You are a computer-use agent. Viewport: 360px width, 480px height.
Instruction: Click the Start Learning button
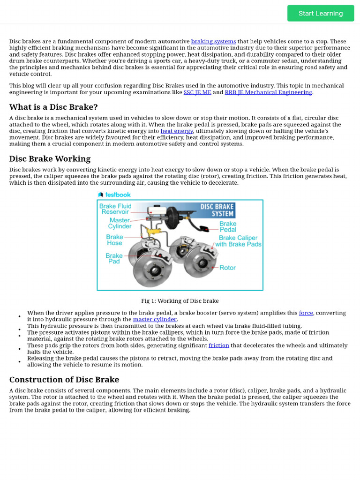point(321,13)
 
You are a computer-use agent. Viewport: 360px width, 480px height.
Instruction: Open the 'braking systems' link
point(213,41)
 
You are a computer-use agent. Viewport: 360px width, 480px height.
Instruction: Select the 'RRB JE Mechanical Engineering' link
point(268,92)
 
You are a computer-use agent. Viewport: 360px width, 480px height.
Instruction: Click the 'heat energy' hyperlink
point(177,131)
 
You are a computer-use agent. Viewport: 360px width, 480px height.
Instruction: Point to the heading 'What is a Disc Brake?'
point(53,107)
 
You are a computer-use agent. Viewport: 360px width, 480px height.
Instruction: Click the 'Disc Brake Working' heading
point(50,158)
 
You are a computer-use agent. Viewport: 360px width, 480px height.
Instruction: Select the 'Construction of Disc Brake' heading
point(64,379)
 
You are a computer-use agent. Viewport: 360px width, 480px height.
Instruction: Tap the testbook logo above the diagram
point(114,195)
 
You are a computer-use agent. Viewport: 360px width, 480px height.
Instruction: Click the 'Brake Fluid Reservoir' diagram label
point(115,209)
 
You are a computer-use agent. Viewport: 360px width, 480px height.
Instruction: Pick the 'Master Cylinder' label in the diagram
point(120,223)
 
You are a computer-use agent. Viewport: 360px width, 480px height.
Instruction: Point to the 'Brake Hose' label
point(114,240)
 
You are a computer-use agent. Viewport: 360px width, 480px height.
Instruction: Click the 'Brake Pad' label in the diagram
point(114,258)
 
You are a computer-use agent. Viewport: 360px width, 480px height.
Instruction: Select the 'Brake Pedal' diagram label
point(228,227)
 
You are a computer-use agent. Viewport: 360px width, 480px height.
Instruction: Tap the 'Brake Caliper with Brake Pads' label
point(238,241)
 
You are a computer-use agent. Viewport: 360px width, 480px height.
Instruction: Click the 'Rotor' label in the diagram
point(227,268)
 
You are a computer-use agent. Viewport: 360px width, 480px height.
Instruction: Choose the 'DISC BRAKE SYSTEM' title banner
point(217,210)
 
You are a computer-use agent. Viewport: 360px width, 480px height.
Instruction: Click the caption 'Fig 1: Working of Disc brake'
point(180,301)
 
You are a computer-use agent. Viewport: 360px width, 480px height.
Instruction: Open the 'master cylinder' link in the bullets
point(155,319)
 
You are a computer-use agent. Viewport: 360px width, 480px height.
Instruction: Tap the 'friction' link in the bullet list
point(219,345)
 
